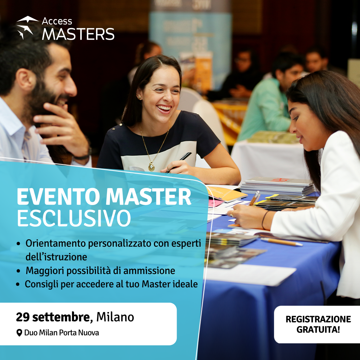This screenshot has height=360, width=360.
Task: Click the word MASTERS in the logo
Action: (78, 34)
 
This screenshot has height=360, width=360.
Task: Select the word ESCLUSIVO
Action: (74, 218)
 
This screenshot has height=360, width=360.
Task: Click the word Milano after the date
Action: (115, 317)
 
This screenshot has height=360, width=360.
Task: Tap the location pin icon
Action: (19, 333)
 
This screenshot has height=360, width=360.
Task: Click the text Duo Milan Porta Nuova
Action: (62, 333)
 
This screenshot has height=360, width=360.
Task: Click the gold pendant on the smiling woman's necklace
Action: (151, 166)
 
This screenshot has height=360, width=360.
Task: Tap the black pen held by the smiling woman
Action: (179, 162)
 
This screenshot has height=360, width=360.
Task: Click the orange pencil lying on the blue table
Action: (281, 242)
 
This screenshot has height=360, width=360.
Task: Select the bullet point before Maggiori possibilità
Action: (19, 271)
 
